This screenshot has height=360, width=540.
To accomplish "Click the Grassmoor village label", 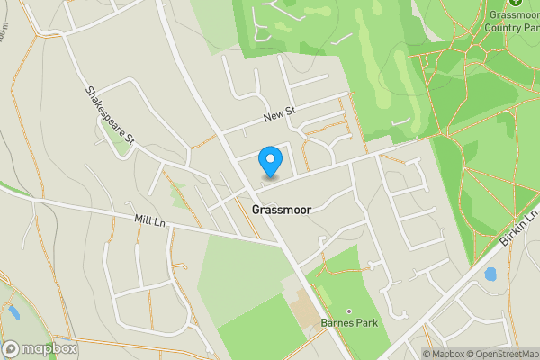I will click(282, 210).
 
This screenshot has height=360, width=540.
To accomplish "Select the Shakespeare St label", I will click(110, 115).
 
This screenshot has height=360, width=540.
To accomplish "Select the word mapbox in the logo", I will click(50, 348).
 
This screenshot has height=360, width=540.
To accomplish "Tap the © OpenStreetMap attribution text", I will click(500, 354).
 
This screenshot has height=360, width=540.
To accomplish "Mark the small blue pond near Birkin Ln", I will click(490, 274).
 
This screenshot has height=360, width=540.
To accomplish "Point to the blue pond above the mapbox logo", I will click(13, 312).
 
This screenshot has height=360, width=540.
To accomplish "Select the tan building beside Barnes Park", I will click(304, 311).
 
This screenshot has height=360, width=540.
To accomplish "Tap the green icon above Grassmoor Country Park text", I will click(515, 3).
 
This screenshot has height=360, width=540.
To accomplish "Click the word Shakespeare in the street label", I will click(103, 105).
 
